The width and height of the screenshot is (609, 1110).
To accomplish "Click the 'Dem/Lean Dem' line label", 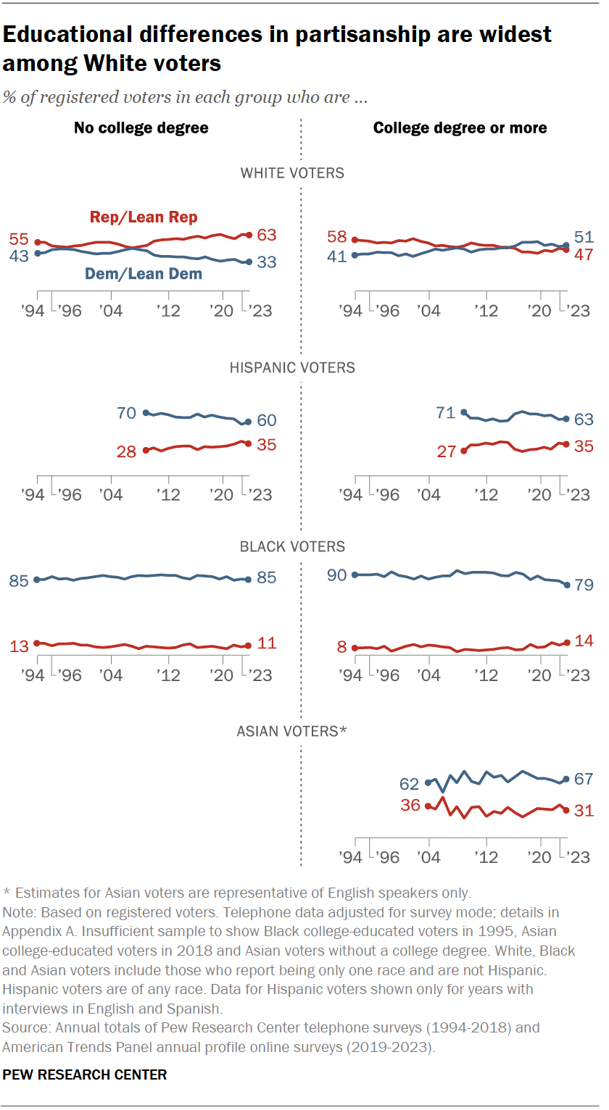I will pyautogui.click(x=144, y=274).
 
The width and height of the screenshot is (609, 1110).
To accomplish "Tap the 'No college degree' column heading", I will pyautogui.click(x=141, y=128).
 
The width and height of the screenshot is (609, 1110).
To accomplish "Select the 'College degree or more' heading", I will pyautogui.click(x=460, y=128).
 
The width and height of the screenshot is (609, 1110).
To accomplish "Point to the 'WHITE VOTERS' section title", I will pyautogui.click(x=292, y=173).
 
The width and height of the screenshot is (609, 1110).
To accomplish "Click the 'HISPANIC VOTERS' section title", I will pyautogui.click(x=292, y=367).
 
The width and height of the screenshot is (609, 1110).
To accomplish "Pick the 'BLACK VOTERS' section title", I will pyautogui.click(x=292, y=546).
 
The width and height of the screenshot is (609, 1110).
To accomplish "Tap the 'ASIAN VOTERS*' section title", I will pyautogui.click(x=292, y=731).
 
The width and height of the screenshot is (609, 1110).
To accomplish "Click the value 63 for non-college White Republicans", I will pyautogui.click(x=266, y=235).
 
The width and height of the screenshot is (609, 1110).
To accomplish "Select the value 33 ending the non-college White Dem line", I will pyautogui.click(x=266, y=262).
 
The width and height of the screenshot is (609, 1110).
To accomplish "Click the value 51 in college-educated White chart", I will pyautogui.click(x=584, y=237).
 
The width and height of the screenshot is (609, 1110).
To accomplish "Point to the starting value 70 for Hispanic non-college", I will pyautogui.click(x=126, y=413).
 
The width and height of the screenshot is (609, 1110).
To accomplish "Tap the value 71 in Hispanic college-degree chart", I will pyautogui.click(x=445, y=413).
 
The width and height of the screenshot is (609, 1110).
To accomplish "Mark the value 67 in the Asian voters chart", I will pyautogui.click(x=584, y=780).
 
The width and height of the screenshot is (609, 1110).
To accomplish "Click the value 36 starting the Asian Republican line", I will pyautogui.click(x=410, y=805).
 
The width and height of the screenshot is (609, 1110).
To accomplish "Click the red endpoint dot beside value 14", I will pyautogui.click(x=567, y=642).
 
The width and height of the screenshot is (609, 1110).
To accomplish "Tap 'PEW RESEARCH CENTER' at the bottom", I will pyautogui.click(x=85, y=1074).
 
